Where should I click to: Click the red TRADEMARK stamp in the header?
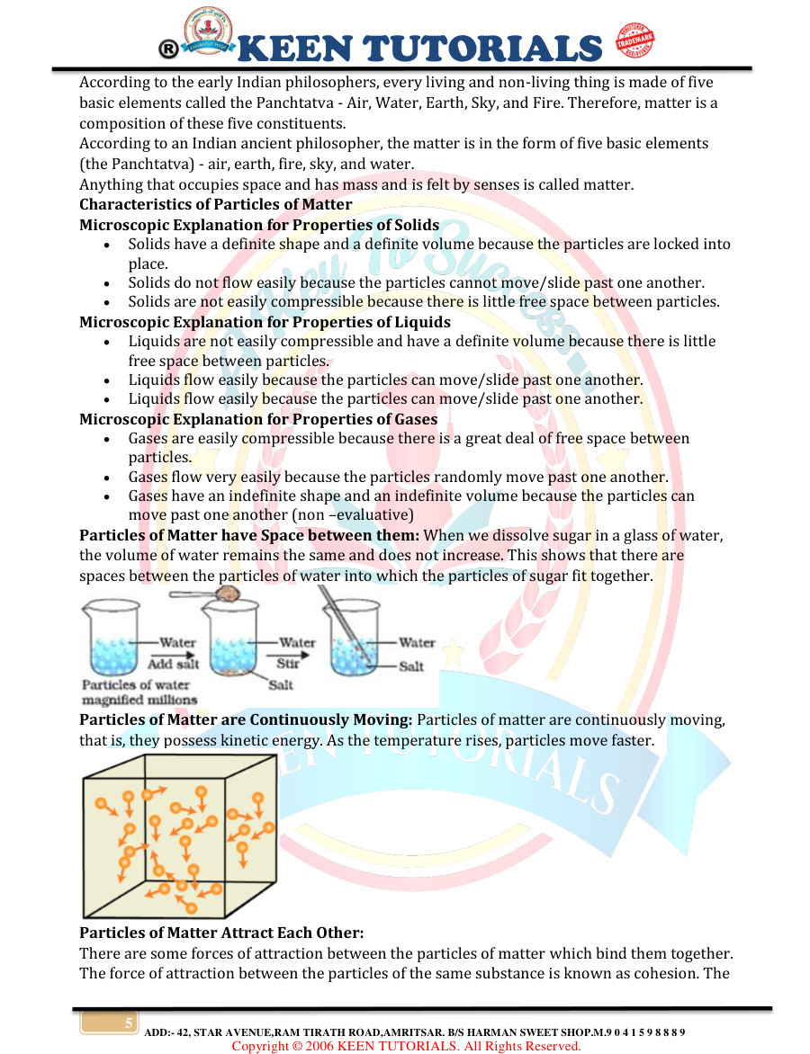pyautogui.click(x=634, y=40)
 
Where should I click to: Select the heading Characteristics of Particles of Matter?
pyautogui.click(x=215, y=204)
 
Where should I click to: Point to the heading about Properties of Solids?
pyautogui.click(x=259, y=224)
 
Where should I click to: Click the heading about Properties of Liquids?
pyautogui.click(x=265, y=321)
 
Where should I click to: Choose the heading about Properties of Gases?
pyautogui.click(x=258, y=418)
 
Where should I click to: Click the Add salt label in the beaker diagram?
pyautogui.click(x=173, y=664)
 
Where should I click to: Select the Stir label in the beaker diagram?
pyautogui.click(x=289, y=664)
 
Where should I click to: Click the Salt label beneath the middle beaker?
pyautogui.click(x=282, y=684)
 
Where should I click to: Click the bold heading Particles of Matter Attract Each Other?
pyautogui.click(x=220, y=933)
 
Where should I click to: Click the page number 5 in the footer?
pyautogui.click(x=129, y=1023)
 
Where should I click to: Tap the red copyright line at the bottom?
pyautogui.click(x=406, y=1046)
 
